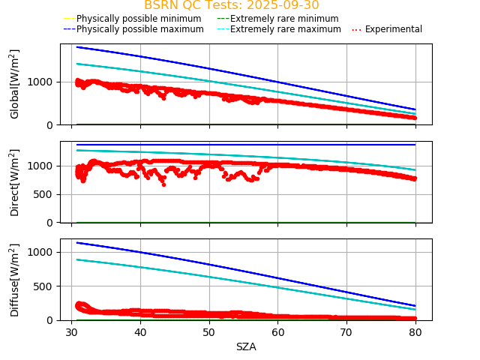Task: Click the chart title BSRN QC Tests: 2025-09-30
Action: (231, 5)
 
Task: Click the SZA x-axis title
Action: (246, 346)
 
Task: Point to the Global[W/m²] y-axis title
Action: (15, 84)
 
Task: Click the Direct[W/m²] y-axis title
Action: (15, 182)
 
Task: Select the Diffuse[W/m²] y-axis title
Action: (15, 280)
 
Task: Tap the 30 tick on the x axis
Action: (71, 331)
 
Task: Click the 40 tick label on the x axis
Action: (140, 331)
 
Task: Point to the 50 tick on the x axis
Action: (208, 331)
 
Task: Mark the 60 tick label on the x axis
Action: (277, 331)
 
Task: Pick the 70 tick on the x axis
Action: (346, 331)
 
